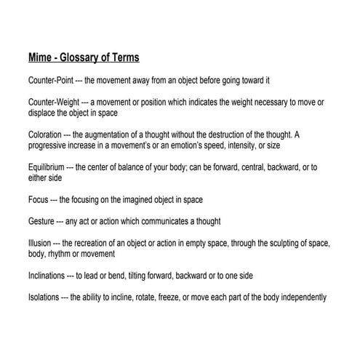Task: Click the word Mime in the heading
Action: click(x=41, y=57)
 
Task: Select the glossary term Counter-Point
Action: click(x=52, y=79)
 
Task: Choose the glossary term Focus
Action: click(x=38, y=199)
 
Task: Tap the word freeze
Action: click(x=157, y=297)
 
